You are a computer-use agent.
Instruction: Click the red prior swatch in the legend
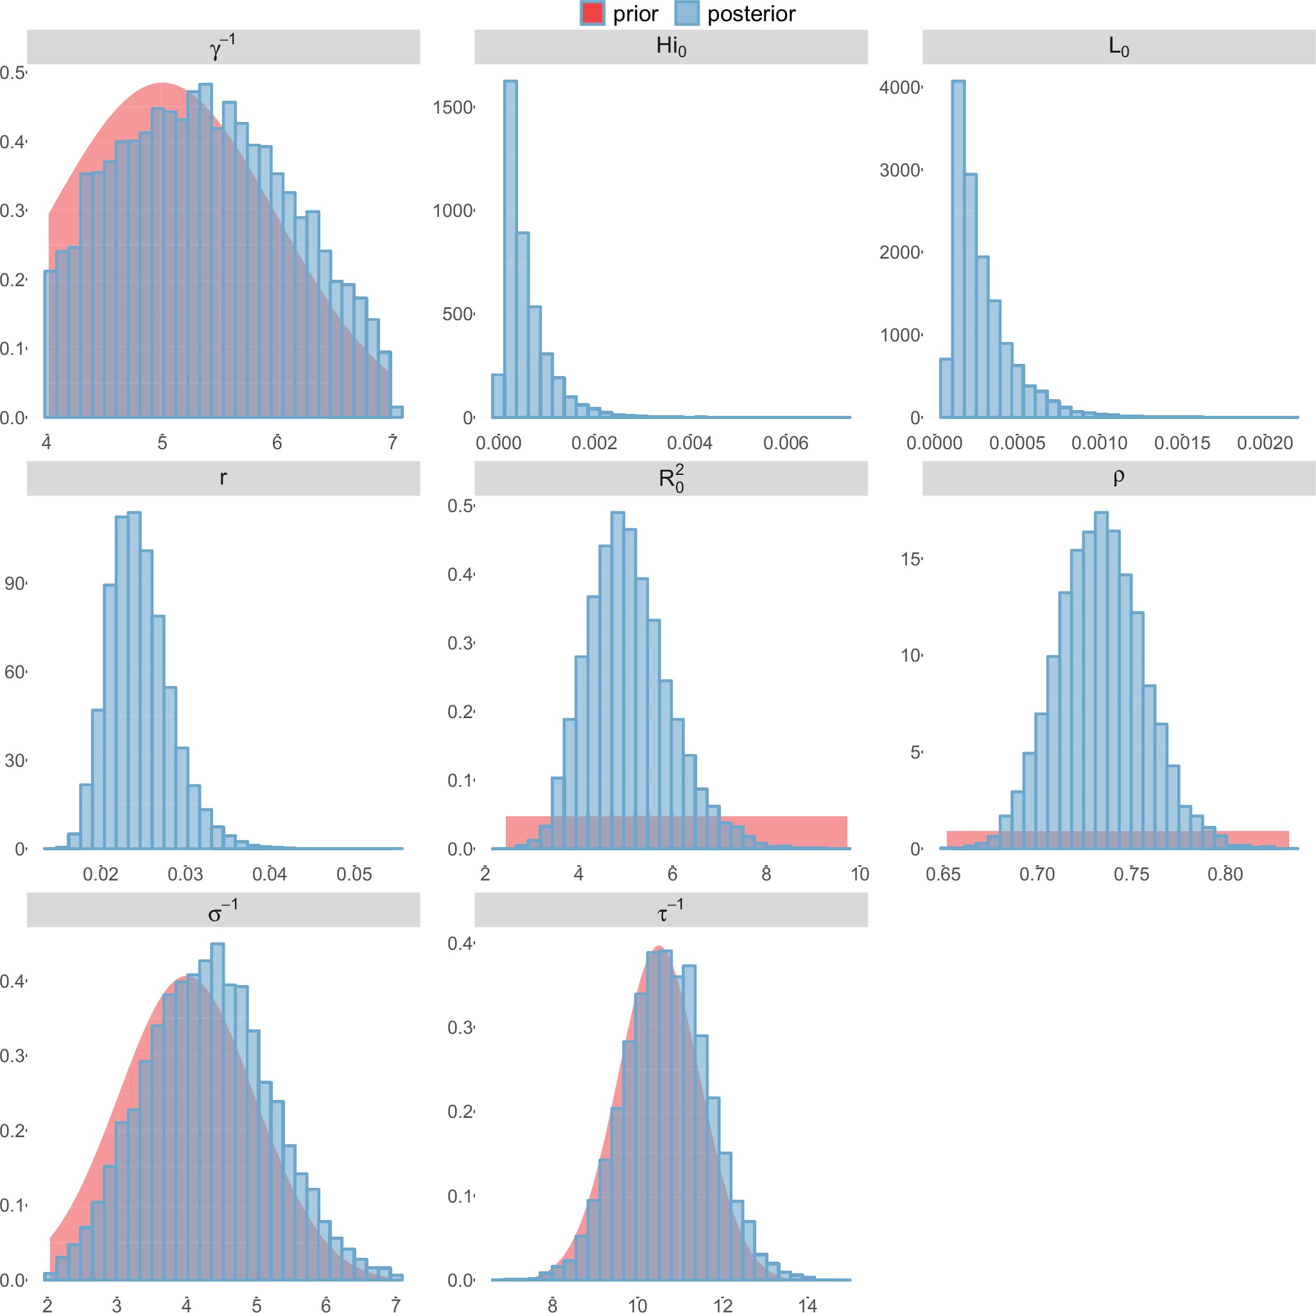pos(592,13)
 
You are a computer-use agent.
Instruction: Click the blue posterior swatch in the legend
pos(687,13)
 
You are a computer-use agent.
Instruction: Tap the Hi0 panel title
pos(671,46)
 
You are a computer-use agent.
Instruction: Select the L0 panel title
pos(1118,47)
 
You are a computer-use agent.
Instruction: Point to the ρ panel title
pos(1118,477)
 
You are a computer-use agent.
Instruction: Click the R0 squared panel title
pos(671,478)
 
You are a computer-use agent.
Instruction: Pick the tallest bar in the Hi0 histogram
pos(510,248)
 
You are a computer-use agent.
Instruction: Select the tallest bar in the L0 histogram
pos(958,248)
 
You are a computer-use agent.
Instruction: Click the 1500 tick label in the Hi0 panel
pos(453,108)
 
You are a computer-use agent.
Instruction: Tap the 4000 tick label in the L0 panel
pos(899,88)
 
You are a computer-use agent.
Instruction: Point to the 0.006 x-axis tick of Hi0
pos(785,443)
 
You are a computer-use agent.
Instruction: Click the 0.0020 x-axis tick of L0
pos(1264,443)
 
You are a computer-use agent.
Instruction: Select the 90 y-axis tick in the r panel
pos(15,583)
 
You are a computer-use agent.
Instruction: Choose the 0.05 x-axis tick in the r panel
pos(354,875)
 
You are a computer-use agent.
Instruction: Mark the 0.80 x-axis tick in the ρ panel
pos(1225,875)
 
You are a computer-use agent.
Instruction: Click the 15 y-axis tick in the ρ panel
pos(910,559)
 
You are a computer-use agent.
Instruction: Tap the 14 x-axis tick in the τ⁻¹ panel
pos(807,1305)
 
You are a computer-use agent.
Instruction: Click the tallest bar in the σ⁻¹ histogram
pos(217,1111)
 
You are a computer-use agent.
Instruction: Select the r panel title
pos(223,478)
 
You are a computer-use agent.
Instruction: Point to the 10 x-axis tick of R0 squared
pos(860,875)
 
